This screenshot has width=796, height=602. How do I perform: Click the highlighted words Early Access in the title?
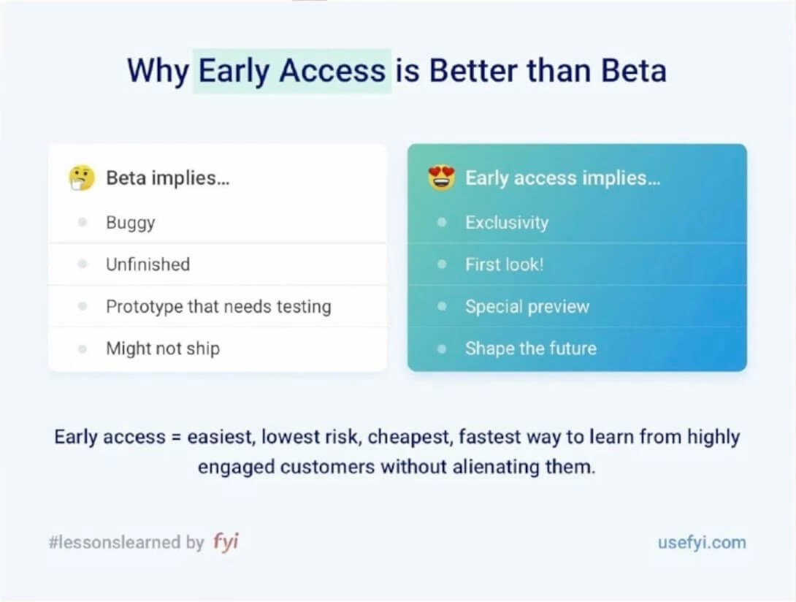coord(292,71)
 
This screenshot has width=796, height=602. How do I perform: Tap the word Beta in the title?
coord(633,71)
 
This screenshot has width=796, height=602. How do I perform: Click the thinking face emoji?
coord(82,178)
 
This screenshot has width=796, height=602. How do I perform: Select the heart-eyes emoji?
coord(441,178)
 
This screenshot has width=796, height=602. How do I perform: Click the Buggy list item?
coord(130,223)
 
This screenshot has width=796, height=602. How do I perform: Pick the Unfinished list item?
coord(148,264)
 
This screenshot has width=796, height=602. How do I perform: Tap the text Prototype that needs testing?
coord(218,307)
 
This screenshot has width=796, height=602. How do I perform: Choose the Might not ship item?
coord(162,348)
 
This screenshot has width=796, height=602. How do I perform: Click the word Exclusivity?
coord(507,223)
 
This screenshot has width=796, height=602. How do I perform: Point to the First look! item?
coord(505,264)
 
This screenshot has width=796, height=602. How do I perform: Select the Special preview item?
coord(527,307)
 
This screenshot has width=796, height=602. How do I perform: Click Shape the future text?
coord(531,348)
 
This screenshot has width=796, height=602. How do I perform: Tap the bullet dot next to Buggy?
coord(83,223)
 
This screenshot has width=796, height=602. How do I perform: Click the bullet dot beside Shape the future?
coord(441,349)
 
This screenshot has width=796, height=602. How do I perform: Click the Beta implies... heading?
coord(167,178)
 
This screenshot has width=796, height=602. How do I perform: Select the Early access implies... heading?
coord(562,178)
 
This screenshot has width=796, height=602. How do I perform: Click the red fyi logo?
coord(226,542)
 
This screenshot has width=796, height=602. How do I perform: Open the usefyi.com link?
coord(702,542)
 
